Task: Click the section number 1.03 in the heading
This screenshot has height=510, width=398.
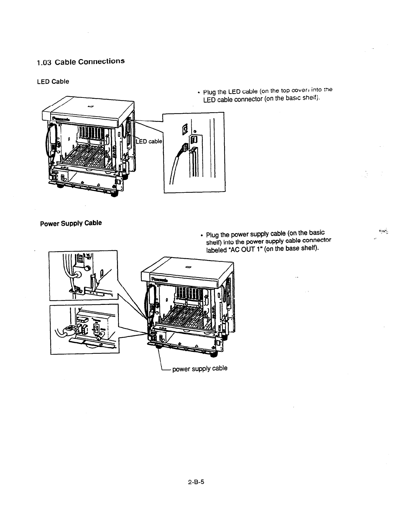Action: click(x=44, y=63)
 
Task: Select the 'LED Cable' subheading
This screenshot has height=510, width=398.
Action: click(x=53, y=81)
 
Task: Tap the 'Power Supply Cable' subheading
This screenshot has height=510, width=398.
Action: click(x=71, y=223)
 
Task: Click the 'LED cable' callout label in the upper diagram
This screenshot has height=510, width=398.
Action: click(x=149, y=141)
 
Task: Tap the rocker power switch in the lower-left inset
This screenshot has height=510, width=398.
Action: click(x=95, y=329)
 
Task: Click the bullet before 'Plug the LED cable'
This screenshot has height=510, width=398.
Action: click(x=198, y=93)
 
